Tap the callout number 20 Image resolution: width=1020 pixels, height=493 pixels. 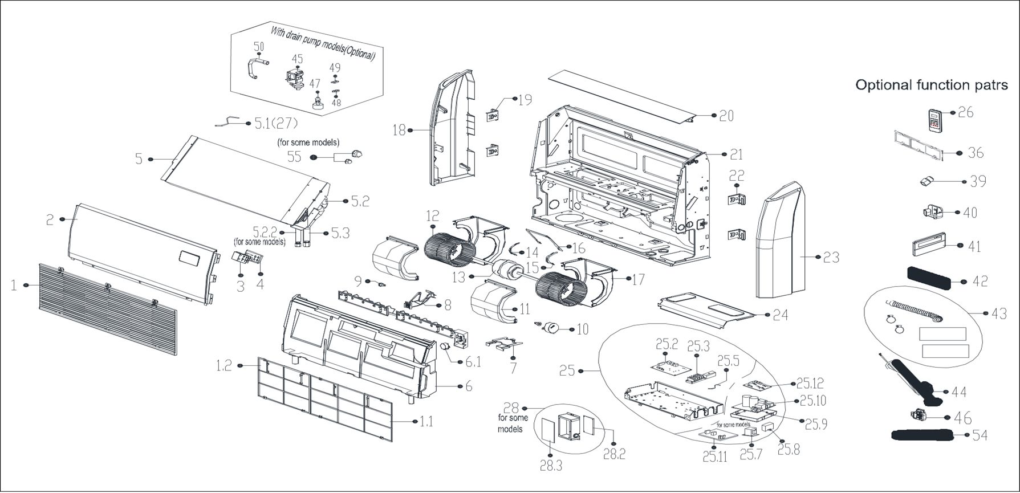click(726, 116)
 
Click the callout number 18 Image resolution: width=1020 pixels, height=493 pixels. click(399, 131)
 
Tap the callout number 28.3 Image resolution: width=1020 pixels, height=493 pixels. click(551, 466)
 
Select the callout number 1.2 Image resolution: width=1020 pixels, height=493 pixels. click(224, 365)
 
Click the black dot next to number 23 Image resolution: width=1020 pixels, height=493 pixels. click(819, 257)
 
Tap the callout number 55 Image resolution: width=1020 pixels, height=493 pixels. click(294, 156)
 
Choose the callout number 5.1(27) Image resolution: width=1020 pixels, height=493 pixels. click(275, 123)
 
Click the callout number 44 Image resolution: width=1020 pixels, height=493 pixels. click(959, 392)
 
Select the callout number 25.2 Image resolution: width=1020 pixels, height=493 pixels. click(667, 344)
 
